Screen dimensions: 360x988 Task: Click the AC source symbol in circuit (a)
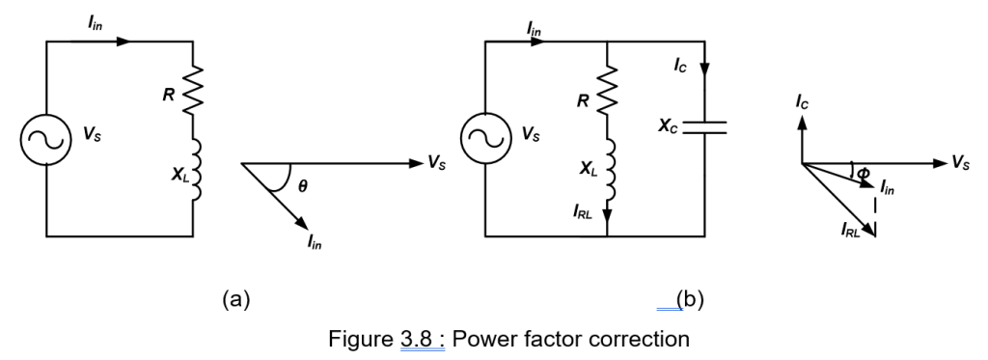[46, 138]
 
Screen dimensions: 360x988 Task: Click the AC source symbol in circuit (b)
[480, 138]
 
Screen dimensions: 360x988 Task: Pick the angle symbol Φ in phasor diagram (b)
[863, 174]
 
